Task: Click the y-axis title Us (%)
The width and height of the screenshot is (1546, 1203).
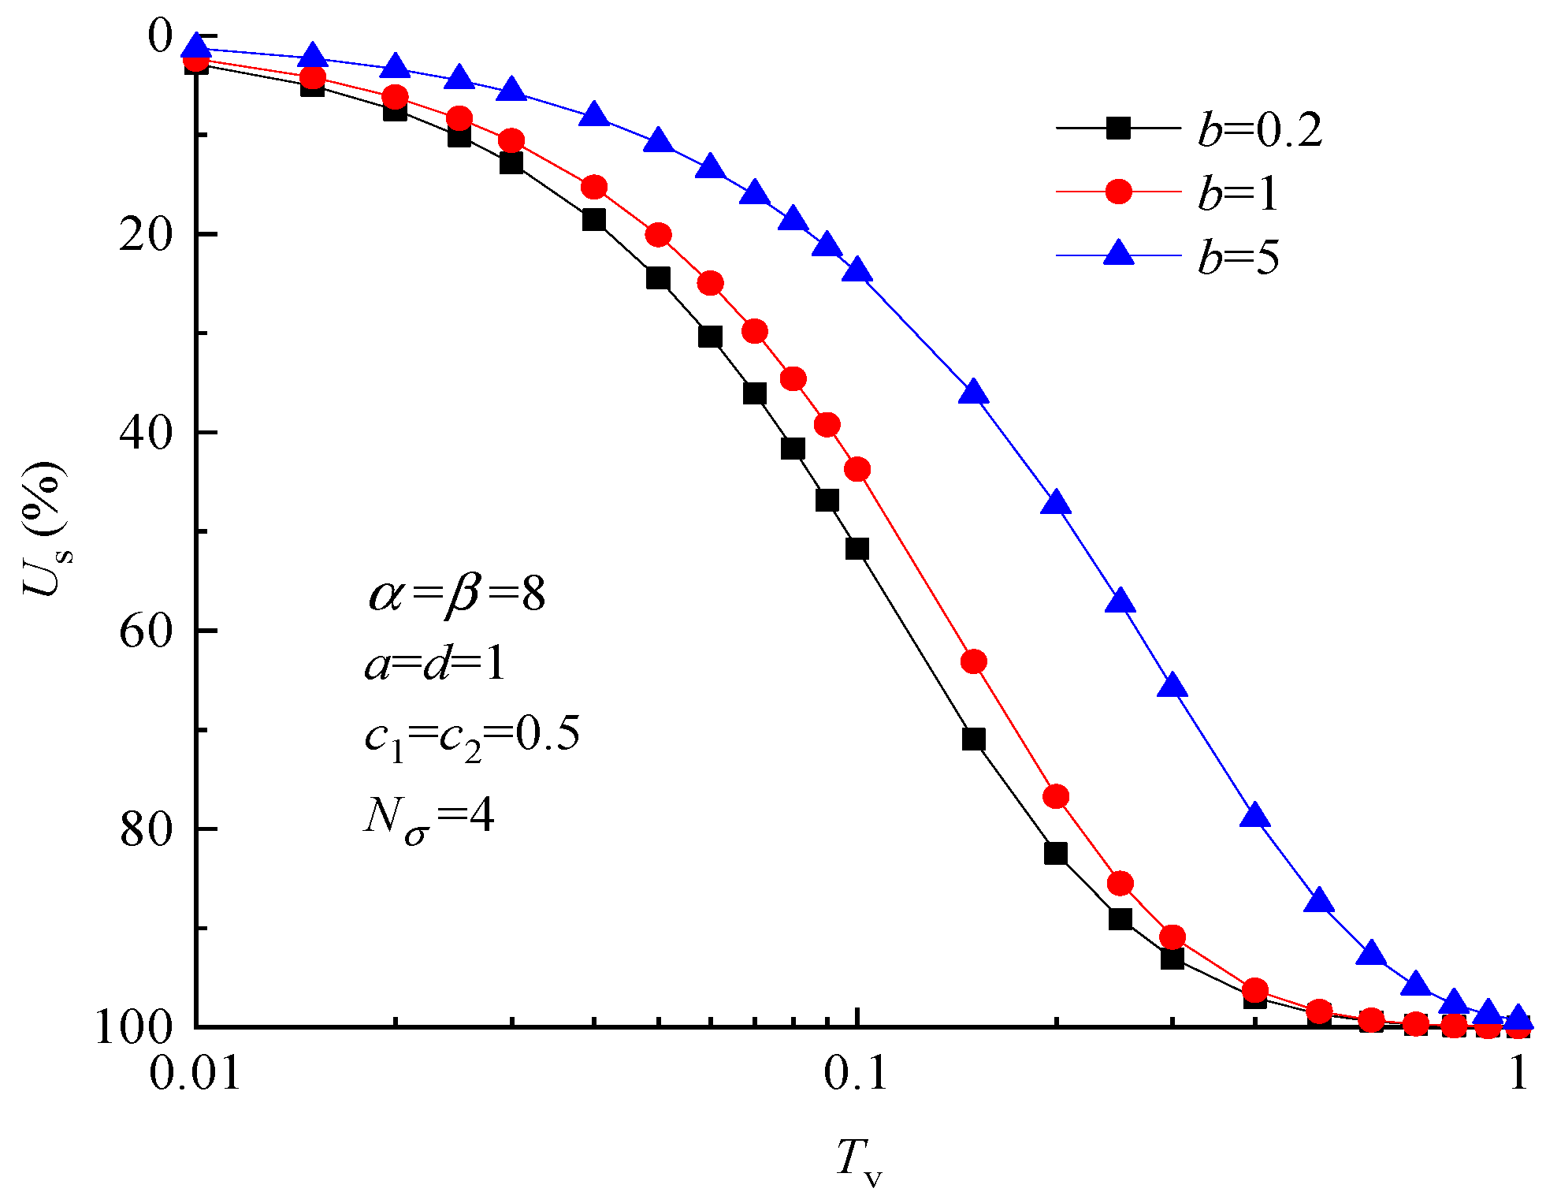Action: (46, 528)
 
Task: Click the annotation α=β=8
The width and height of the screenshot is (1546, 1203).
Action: (457, 593)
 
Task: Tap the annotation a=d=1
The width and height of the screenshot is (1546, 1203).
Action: (434, 664)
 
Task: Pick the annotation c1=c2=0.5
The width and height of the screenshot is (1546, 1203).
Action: (471, 736)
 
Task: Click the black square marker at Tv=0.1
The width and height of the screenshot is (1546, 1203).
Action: (857, 549)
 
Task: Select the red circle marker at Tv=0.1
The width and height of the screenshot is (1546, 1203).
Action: (857, 470)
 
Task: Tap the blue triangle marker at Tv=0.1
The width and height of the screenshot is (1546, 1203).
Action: (857, 270)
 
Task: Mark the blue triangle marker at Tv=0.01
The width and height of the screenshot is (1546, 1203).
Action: (196, 47)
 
